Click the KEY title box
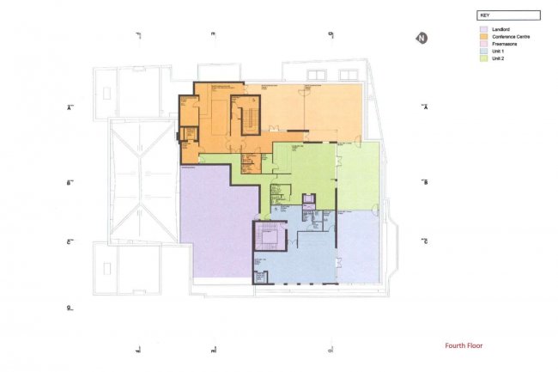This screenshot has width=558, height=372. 508,15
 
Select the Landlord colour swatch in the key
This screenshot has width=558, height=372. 484,30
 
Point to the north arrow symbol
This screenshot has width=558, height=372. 422,38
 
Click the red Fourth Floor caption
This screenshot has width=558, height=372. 464,346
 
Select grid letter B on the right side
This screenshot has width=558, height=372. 426,183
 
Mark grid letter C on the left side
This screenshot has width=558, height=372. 69,241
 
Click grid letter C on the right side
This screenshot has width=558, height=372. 426,241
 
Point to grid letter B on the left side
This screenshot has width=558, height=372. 69,183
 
